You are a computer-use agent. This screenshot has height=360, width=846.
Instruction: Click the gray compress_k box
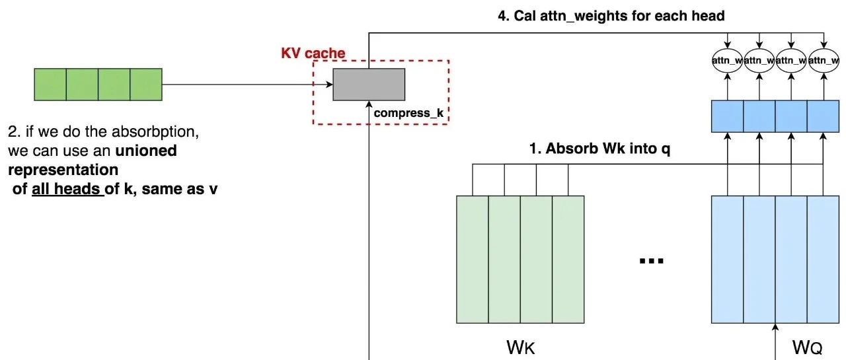click(x=368, y=84)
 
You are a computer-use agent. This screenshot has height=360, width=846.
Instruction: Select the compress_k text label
click(x=408, y=113)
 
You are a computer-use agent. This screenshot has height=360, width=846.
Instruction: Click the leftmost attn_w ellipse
click(x=727, y=61)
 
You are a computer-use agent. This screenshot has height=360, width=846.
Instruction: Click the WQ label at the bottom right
click(x=807, y=346)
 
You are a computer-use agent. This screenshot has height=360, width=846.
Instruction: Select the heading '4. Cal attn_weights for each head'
click(x=611, y=15)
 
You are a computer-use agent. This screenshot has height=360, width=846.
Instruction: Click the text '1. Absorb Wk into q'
click(x=600, y=149)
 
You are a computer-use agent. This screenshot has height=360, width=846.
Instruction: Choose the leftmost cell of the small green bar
click(x=50, y=85)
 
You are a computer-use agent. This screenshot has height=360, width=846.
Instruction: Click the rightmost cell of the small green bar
click(x=146, y=85)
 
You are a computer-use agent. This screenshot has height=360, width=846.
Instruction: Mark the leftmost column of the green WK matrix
click(x=473, y=259)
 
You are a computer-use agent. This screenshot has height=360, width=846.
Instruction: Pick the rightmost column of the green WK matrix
click(x=568, y=259)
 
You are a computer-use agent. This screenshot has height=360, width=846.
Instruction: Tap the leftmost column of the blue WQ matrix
click(x=727, y=259)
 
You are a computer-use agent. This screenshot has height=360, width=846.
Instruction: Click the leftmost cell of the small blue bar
click(x=727, y=116)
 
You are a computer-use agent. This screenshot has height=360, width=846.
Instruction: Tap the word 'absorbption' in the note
click(x=159, y=131)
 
